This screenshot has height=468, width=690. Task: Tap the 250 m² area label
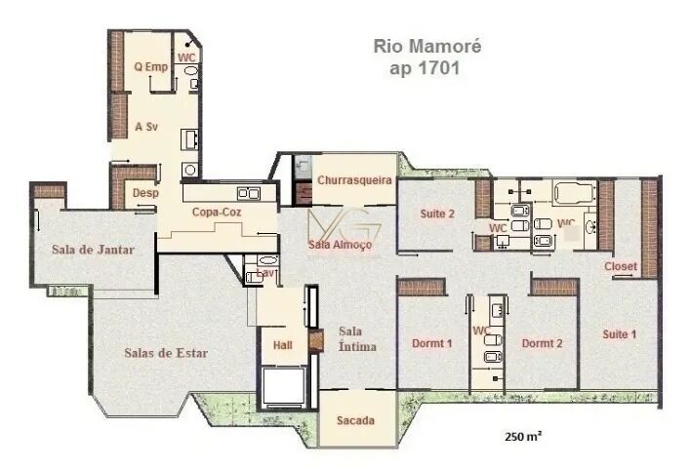click(523, 436)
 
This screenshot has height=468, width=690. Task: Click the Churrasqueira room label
click(354, 180)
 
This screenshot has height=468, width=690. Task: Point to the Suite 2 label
click(438, 214)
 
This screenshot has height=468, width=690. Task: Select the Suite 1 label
click(619, 334)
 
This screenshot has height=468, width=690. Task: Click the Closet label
click(621, 266)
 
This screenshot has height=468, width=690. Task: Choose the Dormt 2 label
click(542, 343)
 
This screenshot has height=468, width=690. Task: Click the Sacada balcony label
click(355, 420)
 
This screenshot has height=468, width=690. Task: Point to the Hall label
click(282, 345)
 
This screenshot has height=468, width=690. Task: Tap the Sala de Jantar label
click(92, 249)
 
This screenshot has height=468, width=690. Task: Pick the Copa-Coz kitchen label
click(218, 211)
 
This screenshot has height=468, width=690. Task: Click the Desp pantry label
click(144, 193)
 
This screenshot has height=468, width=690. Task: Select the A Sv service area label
click(145, 127)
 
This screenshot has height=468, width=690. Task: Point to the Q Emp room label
click(150, 66)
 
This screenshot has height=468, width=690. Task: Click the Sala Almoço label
click(340, 245)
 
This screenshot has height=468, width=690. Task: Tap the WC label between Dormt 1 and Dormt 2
click(480, 331)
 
